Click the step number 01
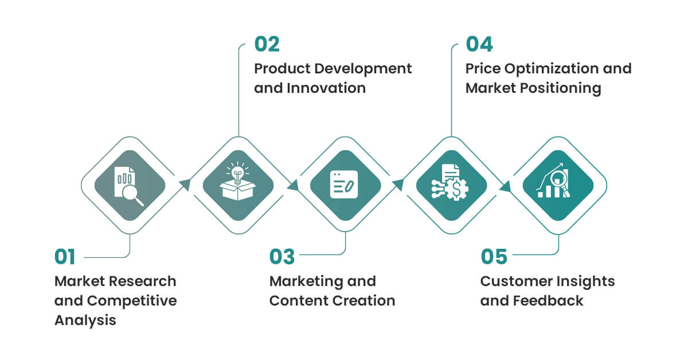point(65,257)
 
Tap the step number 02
point(267,44)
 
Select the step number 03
point(282,257)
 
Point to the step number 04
point(479,44)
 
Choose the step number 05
point(494,257)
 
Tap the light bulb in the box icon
point(237,181)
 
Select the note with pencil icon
point(344,185)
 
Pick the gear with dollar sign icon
point(450,182)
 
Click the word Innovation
point(326,88)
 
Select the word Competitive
point(132,301)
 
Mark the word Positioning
point(561,88)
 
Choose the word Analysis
point(85,320)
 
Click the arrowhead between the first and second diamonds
point(185,185)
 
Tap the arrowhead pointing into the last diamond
point(505,186)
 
